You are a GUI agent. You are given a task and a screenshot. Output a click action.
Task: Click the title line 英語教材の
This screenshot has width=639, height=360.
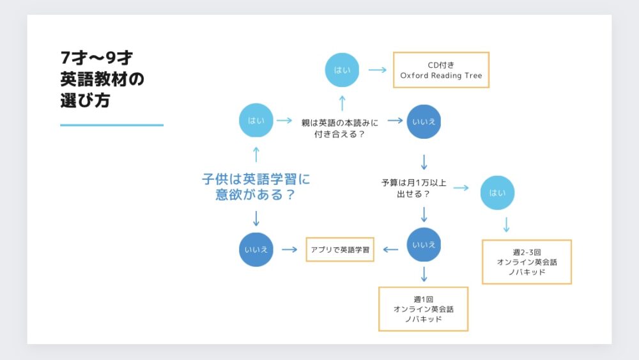point(102,79)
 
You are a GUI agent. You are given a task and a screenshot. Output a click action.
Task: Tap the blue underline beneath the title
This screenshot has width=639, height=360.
point(112,125)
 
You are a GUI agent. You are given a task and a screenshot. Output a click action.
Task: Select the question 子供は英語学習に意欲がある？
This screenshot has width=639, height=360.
point(256,187)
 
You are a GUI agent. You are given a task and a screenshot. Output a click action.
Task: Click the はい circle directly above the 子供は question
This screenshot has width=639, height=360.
point(256,120)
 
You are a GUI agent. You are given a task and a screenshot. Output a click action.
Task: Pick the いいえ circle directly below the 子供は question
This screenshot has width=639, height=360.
point(256,249)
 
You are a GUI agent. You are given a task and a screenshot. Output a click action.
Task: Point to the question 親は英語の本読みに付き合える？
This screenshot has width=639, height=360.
point(340,129)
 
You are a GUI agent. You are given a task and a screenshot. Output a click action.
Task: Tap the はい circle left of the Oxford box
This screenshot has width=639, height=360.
point(342,70)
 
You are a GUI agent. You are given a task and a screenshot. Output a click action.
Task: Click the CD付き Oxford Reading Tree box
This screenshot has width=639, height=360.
point(441,70)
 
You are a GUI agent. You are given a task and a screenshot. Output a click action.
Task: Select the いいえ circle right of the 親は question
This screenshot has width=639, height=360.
point(424,121)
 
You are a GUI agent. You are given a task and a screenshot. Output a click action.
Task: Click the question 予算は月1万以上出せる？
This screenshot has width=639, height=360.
point(413,188)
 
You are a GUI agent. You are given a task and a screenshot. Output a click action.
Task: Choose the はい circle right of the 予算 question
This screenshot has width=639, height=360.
point(497,192)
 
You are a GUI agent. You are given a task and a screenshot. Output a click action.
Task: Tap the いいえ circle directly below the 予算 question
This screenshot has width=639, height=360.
point(424,245)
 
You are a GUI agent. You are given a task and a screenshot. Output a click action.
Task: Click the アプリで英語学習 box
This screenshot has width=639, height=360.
point(340,249)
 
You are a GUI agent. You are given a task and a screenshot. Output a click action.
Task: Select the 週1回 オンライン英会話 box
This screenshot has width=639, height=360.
point(424,309)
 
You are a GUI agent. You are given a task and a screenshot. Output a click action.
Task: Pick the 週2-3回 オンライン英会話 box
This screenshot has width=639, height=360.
point(527,262)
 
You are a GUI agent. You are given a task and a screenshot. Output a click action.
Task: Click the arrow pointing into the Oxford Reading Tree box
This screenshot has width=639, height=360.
point(378,70)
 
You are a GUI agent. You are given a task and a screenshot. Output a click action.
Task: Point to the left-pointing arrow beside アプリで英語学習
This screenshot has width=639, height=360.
point(390,249)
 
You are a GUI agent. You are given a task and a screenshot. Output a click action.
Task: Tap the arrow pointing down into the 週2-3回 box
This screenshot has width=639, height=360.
point(506,224)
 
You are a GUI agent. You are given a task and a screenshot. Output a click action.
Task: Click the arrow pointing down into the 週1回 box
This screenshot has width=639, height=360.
point(424,274)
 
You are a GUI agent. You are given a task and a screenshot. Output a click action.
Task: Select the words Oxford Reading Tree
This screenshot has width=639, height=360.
point(441,75)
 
